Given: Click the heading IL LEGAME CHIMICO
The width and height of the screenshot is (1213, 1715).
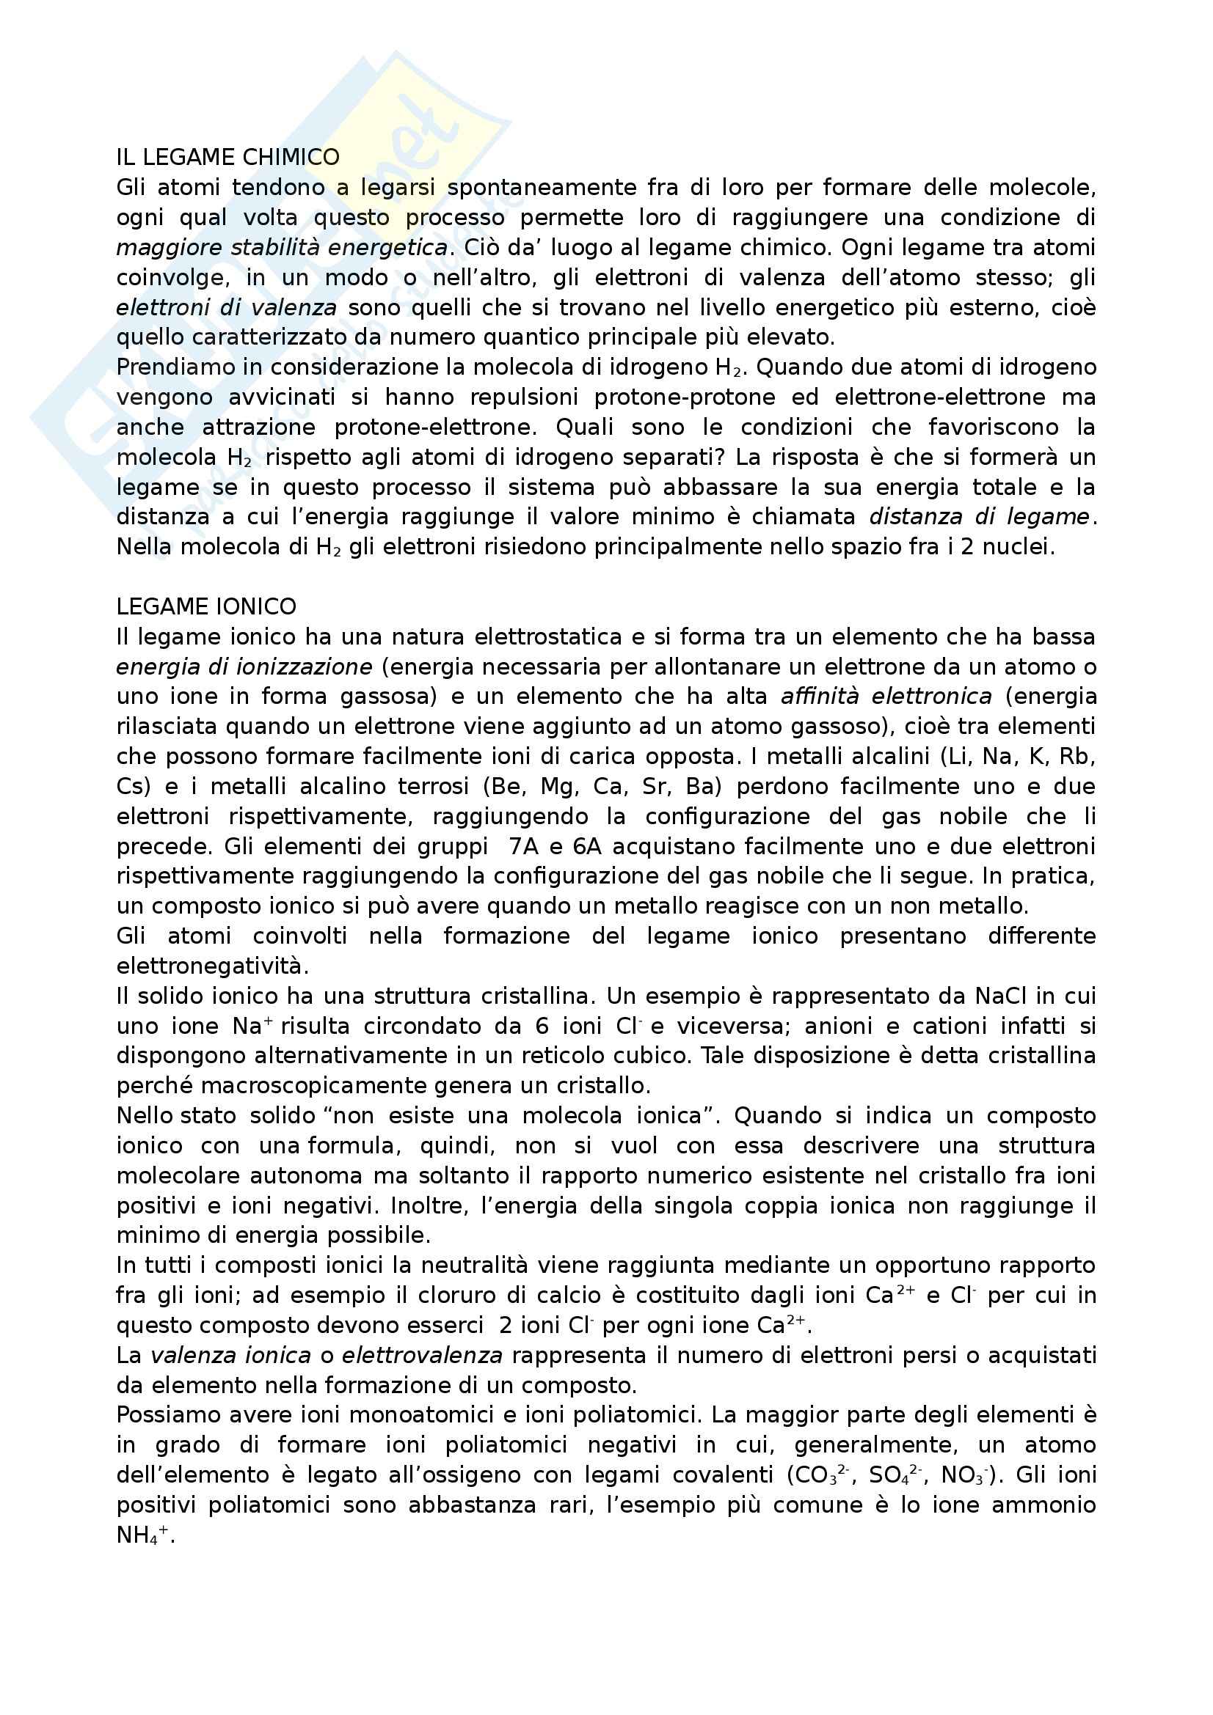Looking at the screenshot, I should [228, 158].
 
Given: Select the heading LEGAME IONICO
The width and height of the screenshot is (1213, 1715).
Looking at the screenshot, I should [206, 606].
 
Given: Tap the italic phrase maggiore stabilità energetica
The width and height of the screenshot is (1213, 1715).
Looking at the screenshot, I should [282, 247].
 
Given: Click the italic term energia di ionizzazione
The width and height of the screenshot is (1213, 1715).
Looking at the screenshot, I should [244, 666].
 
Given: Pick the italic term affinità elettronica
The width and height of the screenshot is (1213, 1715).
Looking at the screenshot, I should [886, 696].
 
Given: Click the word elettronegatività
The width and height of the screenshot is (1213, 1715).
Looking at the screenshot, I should [213, 966].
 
